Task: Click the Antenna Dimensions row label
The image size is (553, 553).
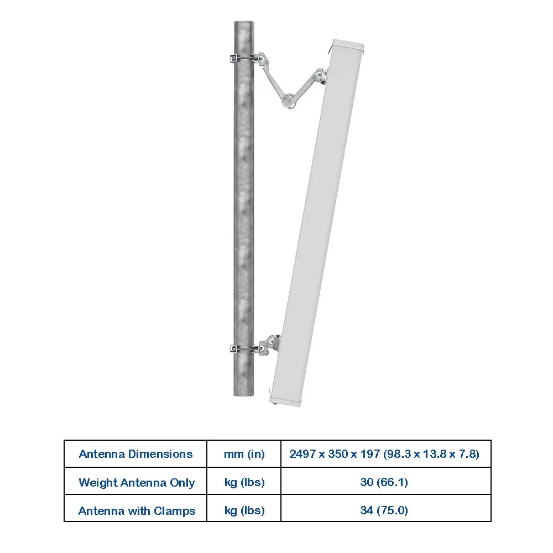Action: click(x=136, y=454)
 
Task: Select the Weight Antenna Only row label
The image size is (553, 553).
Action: click(x=137, y=482)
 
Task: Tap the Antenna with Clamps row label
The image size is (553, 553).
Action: click(x=137, y=510)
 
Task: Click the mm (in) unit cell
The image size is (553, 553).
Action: click(x=244, y=454)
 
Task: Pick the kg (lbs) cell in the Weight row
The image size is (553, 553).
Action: click(x=244, y=482)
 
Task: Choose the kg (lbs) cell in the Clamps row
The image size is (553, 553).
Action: click(x=244, y=510)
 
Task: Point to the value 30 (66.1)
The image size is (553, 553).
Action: click(x=384, y=482)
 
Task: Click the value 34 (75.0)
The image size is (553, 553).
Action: click(x=384, y=510)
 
